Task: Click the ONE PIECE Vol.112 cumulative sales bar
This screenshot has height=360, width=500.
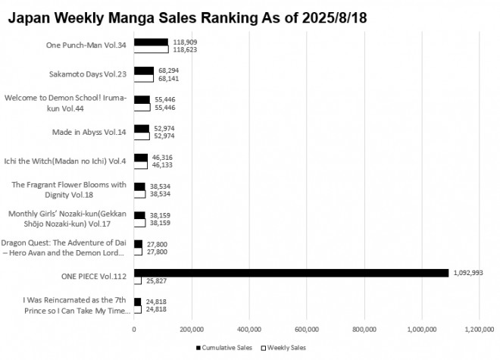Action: click(291, 273)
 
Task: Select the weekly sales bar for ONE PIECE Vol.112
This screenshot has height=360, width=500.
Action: click(138, 280)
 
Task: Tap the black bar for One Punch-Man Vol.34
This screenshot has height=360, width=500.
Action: click(151, 42)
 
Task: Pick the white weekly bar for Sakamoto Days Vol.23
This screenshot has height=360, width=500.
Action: click(144, 78)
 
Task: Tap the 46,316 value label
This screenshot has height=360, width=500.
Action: click(163, 156)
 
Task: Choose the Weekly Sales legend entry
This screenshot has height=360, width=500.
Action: click(285, 348)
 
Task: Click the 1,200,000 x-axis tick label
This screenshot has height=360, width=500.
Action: click(479, 330)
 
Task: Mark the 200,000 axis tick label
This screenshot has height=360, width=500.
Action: click(192, 330)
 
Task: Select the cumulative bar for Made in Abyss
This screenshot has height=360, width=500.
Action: click(142, 129)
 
